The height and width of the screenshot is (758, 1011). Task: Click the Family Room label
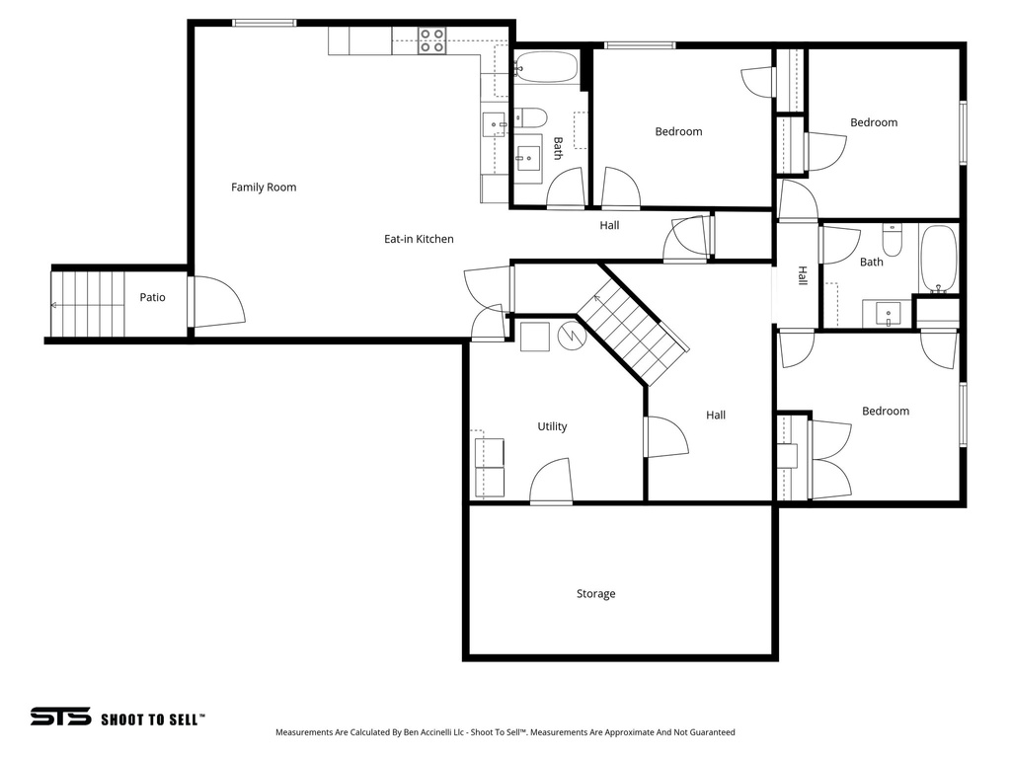pos(264,188)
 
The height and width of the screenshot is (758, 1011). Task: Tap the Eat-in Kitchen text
pos(419,239)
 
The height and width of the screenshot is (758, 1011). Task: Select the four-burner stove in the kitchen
pos(431,40)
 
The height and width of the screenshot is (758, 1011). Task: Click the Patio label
pos(152,297)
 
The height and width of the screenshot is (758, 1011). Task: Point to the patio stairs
pos(89,304)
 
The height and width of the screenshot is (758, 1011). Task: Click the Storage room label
pos(595,594)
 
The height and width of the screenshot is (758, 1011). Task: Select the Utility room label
pos(552,427)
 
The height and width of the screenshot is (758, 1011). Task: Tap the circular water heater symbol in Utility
pos(572,336)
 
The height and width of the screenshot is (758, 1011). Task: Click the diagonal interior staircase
pos(632,332)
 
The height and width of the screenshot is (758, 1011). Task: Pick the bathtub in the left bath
pos(546,68)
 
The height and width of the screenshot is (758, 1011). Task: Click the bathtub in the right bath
pos(939,260)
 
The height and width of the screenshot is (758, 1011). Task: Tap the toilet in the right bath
pos(892,240)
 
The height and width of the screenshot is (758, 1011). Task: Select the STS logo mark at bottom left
pos(60,717)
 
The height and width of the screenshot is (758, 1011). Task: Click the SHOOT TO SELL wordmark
pos(153,720)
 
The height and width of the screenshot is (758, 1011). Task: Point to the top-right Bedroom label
pos(874,123)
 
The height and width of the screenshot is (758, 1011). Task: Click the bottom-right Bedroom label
pos(885,412)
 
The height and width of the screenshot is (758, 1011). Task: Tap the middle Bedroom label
pos(678,132)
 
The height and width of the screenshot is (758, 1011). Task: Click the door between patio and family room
pos(215,302)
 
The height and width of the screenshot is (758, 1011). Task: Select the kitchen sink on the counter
pos(493,124)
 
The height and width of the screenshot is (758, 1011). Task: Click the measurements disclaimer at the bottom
pos(505,733)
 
